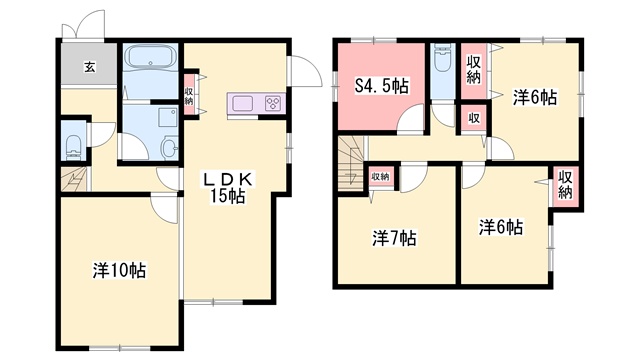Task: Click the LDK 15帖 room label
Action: pyautogui.click(x=228, y=188)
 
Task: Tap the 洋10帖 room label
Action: pyautogui.click(x=119, y=270)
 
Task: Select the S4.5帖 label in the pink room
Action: pyautogui.click(x=382, y=86)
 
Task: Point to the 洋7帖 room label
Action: pyautogui.click(x=394, y=238)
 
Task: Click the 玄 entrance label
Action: pyautogui.click(x=90, y=67)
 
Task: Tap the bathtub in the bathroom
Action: pyautogui.click(x=150, y=55)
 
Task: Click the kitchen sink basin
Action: pyautogui.click(x=242, y=103)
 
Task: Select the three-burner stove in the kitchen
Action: pyautogui.click(x=272, y=103)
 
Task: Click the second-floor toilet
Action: pyautogui.click(x=443, y=57)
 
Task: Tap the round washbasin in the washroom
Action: pyautogui.click(x=168, y=148)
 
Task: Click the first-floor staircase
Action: pyautogui.click(x=74, y=178)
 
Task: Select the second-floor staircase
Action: pyautogui.click(x=351, y=164)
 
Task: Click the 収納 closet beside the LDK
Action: pyautogui.click(x=189, y=96)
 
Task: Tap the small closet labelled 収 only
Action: pyautogui.click(x=473, y=119)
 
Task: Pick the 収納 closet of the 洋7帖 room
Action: pyautogui.click(x=380, y=177)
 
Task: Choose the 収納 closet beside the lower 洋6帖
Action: pyautogui.click(x=565, y=186)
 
